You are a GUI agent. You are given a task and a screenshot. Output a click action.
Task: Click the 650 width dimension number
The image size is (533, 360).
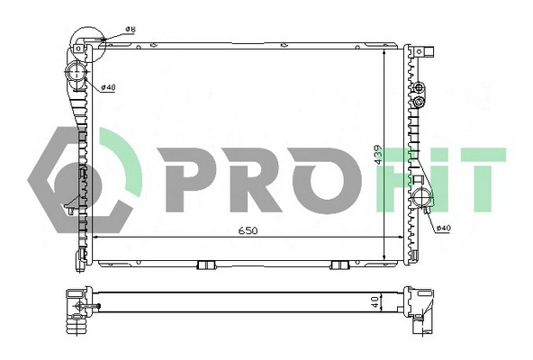(x=248, y=230)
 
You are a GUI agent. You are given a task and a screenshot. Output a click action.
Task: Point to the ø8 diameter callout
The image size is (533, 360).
(x=130, y=31)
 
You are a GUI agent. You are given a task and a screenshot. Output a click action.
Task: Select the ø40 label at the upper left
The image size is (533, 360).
(x=105, y=87)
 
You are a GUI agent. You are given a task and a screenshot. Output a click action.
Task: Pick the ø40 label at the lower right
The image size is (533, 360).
(x=442, y=228)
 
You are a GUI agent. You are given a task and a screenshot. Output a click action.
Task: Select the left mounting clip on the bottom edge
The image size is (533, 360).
(x=205, y=265)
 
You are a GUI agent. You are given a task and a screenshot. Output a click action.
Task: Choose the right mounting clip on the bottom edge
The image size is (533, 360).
(x=339, y=265)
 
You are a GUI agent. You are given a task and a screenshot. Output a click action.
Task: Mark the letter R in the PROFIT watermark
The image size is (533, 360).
(x=263, y=175)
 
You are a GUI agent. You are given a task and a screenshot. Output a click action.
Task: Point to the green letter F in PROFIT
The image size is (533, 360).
(x=407, y=175)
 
